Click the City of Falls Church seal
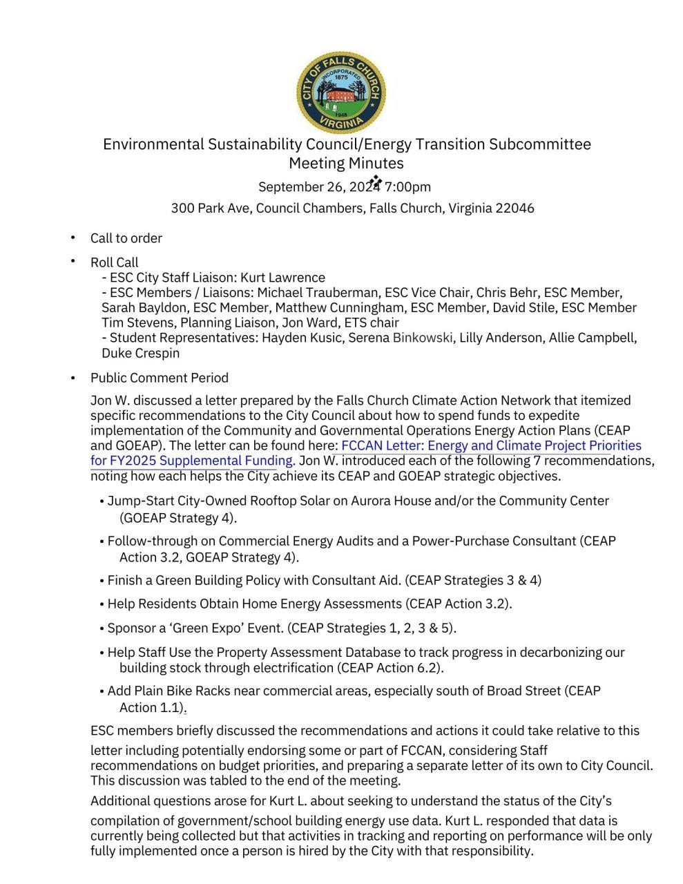pos(340,92)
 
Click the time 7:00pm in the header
pos(407,187)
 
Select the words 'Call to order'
pos(126,238)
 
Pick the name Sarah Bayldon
pos(144,308)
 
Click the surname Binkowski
pos(423,338)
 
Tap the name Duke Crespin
pos(140,354)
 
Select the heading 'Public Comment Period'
pos(159,378)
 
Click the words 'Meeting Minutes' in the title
pos(346,164)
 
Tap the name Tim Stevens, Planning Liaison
pos(180,323)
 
